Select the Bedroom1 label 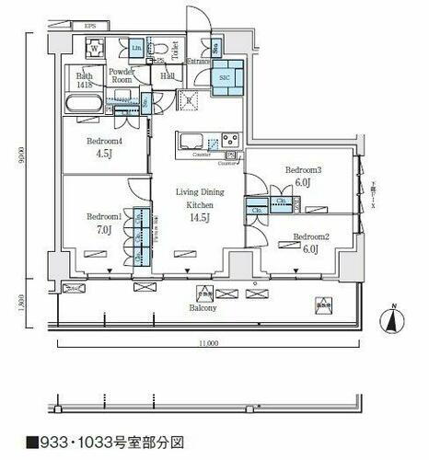tap(105, 216)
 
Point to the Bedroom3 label tap(302, 170)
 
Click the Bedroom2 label tap(311, 236)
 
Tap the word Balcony tap(204, 308)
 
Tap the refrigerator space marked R tap(190, 101)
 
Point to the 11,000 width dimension tap(207, 345)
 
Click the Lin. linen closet tap(136, 47)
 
